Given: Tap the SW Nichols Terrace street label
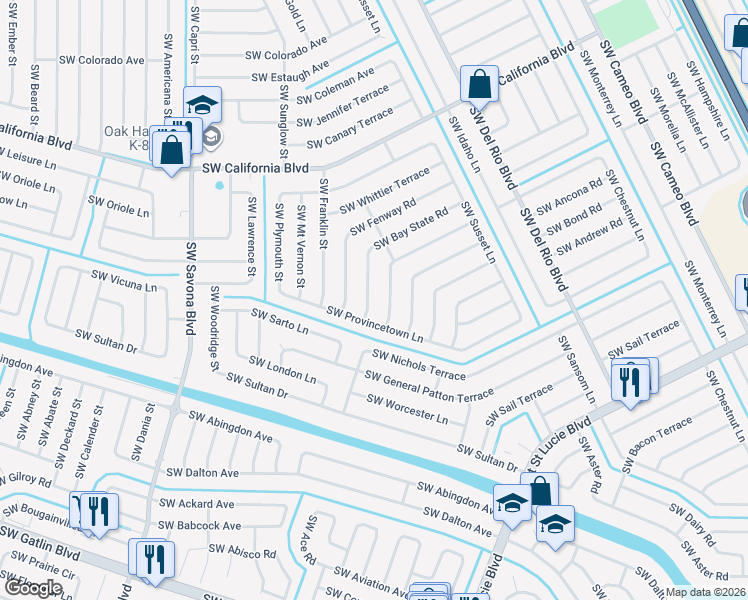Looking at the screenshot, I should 418,364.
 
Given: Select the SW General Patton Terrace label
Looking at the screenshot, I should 429,387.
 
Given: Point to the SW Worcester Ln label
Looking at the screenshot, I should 406,408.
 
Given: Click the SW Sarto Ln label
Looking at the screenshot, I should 280,321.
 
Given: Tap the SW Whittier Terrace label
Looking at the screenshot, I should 384,190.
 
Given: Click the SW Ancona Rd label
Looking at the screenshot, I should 569,197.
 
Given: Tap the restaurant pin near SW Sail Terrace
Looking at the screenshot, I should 628,381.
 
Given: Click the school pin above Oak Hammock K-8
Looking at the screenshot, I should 202,105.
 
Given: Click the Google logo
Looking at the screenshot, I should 33,588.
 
